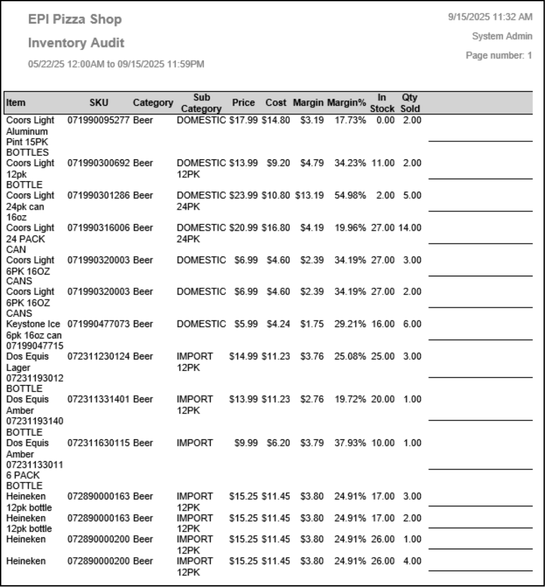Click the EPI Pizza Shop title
75,19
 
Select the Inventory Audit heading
76,43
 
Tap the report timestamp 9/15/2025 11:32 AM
490,17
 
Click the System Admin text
502,36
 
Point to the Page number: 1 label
499,55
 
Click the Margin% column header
346,103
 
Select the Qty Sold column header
410,103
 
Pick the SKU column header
99,103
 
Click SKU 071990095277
98,120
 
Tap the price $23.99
243,195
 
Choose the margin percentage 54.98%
350,195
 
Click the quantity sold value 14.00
409,228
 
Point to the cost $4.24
278,324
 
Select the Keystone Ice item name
33,324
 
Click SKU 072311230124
98,356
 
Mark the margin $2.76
312,399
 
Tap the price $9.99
246,443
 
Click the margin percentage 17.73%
350,120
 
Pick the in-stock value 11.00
383,163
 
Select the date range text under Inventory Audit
116,64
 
